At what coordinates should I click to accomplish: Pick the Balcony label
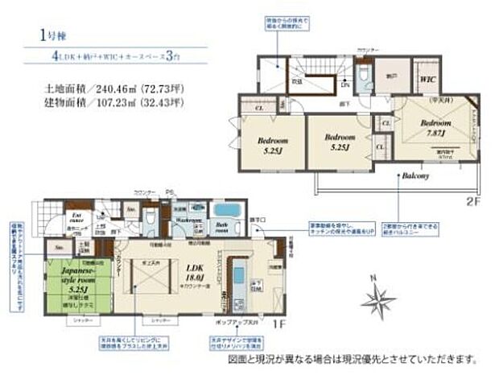pos(416,175)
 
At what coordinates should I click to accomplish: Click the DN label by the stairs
pos(344,84)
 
